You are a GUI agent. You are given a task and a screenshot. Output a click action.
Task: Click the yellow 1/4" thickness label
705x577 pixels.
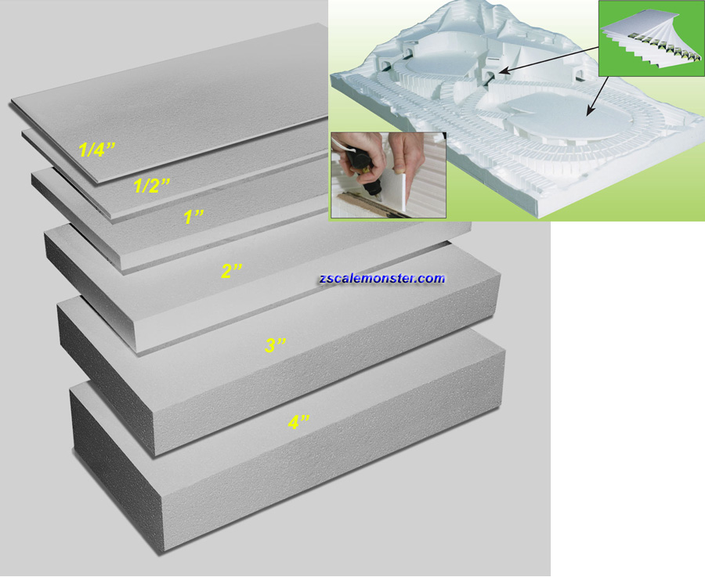click(97, 149)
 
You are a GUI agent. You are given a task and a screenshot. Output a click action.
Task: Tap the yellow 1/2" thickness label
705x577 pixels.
click(152, 185)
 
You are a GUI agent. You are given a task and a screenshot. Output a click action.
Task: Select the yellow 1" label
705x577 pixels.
click(193, 217)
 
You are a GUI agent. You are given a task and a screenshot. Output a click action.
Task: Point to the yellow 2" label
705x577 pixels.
click(232, 271)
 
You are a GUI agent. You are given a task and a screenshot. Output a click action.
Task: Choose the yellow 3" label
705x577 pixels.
click(275, 345)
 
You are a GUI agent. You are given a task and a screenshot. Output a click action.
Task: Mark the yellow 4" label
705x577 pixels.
click(299, 422)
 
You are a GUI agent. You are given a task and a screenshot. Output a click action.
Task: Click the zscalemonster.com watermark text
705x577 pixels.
click(381, 279)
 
